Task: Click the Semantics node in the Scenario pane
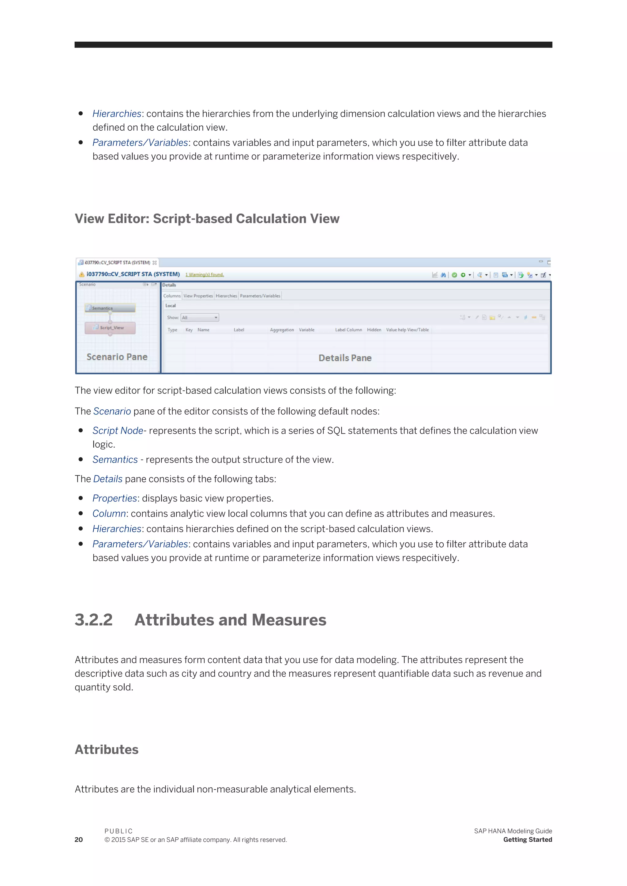110,308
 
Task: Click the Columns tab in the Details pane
172,296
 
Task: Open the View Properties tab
198,296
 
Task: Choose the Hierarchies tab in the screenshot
226,296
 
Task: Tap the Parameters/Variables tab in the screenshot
260,296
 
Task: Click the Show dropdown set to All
200,318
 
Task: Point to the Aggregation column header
282,330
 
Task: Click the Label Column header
348,330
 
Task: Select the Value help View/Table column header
407,330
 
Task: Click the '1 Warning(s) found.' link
205,275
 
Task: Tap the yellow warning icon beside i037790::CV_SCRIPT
82,275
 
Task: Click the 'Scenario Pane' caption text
117,357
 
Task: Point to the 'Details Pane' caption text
345,358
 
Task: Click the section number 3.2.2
93,620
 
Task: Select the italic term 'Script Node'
118,431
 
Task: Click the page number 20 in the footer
79,840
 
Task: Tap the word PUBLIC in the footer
118,831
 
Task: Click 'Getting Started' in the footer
528,840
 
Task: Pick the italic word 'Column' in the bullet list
109,514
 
